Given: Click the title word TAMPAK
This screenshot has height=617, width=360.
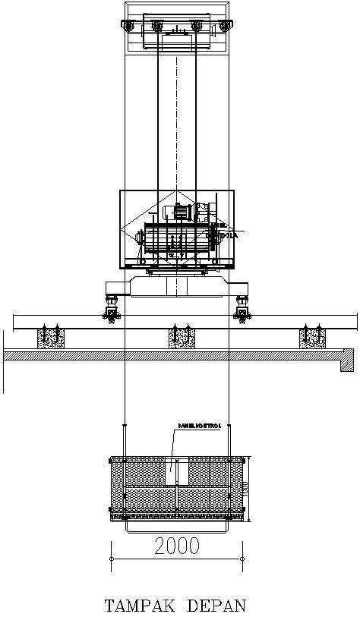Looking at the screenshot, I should click(x=139, y=605).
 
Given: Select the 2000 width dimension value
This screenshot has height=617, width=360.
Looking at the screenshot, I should click(x=177, y=545).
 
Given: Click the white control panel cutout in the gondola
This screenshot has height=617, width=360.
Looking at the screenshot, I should click(x=177, y=471).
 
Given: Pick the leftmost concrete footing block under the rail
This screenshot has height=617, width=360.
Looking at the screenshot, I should click(x=50, y=338).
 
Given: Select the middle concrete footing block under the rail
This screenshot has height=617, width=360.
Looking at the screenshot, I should click(x=181, y=338).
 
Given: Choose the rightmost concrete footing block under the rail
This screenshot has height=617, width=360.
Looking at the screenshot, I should click(x=311, y=338).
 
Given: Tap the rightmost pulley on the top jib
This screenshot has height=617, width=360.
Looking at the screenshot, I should click(x=224, y=28).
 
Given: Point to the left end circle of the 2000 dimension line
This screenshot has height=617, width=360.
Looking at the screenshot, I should click(x=112, y=559).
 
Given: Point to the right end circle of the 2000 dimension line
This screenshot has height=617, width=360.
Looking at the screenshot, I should click(x=242, y=559).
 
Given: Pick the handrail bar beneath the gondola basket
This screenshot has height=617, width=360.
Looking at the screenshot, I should click(x=177, y=527).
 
